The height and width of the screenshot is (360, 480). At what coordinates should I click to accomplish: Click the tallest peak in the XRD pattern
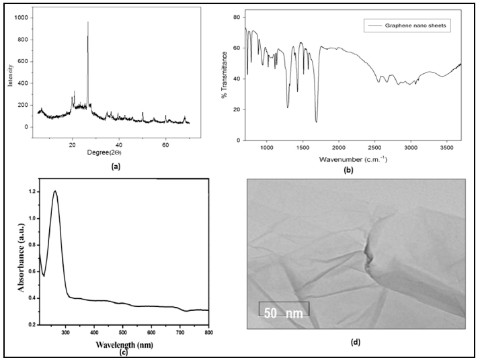[x=87, y=24]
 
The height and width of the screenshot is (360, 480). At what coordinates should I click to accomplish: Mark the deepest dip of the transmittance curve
[x=316, y=122]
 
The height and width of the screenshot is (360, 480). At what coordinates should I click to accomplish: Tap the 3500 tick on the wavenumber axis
[x=447, y=146]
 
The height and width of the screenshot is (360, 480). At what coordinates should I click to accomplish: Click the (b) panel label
[x=348, y=169]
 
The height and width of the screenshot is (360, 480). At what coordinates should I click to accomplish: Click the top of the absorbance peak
[x=54, y=191]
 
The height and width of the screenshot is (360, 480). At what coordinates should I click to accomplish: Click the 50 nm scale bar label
[x=284, y=313]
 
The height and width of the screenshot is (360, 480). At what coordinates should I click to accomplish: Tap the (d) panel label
[x=356, y=342]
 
